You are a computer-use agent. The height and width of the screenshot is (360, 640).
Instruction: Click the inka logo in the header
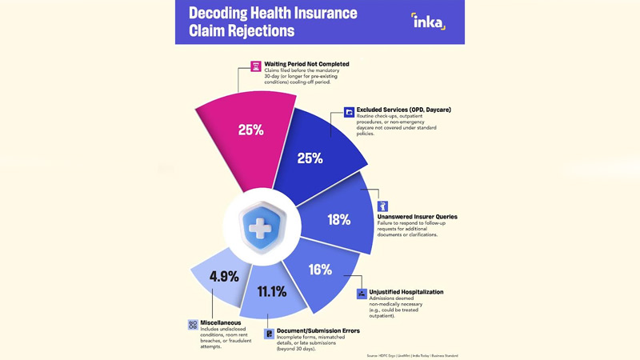pyautogui.click(x=428, y=22)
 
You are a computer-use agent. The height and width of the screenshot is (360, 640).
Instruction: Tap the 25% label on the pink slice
pyautogui.click(x=250, y=130)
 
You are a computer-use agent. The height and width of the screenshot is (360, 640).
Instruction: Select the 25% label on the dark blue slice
pyautogui.click(x=310, y=158)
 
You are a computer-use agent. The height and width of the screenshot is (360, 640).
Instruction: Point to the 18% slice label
pyautogui.click(x=338, y=220)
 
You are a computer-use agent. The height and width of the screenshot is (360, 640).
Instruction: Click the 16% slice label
pyautogui.click(x=320, y=270)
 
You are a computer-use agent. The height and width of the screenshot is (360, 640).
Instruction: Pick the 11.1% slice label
pyautogui.click(x=271, y=292)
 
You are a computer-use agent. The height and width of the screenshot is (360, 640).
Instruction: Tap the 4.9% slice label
pyautogui.click(x=224, y=277)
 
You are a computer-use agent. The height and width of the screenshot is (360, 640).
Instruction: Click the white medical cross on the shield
pyautogui.click(x=260, y=229)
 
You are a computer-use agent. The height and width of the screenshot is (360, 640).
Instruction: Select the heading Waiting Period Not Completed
pyautogui.click(x=306, y=64)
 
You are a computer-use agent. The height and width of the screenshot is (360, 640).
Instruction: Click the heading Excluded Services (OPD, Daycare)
pyautogui.click(x=403, y=110)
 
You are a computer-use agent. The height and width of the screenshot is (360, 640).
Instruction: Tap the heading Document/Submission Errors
pyautogui.click(x=318, y=330)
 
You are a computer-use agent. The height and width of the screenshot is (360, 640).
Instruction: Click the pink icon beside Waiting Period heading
pyautogui.click(x=256, y=66)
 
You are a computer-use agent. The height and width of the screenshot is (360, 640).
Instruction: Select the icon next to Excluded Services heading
pyautogui.click(x=349, y=113)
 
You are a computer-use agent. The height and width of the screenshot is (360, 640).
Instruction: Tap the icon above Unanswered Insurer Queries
pyautogui.click(x=382, y=206)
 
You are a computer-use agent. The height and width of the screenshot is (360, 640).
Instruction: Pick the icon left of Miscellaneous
pyautogui.click(x=193, y=325)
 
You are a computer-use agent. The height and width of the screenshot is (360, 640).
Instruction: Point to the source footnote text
pyautogui.click(x=413, y=355)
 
